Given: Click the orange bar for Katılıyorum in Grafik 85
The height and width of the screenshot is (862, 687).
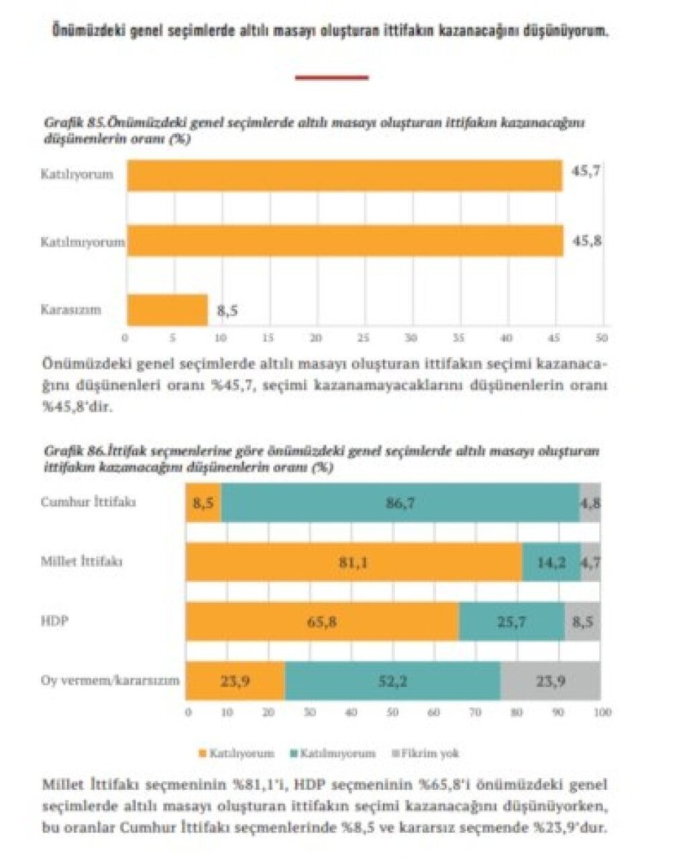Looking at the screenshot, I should tap(344, 175).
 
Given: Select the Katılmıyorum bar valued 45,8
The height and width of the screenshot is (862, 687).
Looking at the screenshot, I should tap(345, 241).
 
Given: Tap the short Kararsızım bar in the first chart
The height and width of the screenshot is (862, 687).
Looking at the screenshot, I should tap(167, 310).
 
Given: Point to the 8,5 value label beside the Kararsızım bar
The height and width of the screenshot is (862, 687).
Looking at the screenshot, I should tap(227, 311).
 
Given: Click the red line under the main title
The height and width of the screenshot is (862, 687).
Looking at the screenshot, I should tap(331, 78).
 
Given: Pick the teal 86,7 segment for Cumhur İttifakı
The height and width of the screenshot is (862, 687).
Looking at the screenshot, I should tap(400, 502).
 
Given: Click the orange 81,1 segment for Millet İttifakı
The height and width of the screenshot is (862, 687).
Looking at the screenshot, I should tap(354, 562).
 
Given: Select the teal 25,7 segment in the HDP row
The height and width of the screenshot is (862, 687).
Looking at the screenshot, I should tap(511, 622).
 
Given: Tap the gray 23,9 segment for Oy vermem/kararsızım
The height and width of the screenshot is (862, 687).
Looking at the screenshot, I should tap(550, 681).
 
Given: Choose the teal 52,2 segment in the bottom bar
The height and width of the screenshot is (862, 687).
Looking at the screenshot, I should tap(392, 681).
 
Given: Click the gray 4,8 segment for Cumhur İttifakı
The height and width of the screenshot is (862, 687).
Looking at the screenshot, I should tap(590, 502).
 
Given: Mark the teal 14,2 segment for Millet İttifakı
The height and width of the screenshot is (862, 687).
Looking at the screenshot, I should tap(551, 562).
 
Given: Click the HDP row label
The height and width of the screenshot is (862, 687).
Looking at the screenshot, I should tap(54, 621).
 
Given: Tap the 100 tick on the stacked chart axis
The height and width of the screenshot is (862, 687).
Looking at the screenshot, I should tap(602, 712).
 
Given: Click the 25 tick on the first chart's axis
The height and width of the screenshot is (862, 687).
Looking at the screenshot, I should tap(364, 338).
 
